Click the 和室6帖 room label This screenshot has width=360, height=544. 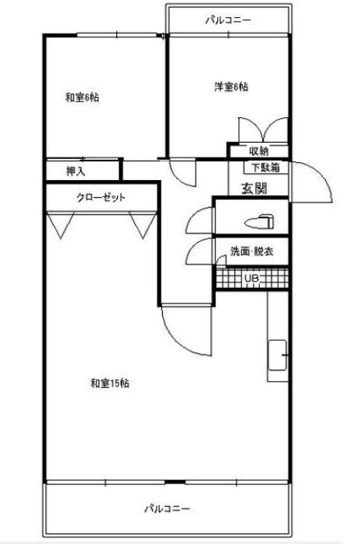82,98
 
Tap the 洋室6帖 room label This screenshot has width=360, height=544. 231,86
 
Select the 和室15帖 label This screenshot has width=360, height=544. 110,383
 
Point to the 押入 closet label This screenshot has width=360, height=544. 75,171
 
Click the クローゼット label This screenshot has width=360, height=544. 101,198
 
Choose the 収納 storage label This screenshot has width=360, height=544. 258,151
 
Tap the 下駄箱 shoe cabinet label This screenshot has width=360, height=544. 265,168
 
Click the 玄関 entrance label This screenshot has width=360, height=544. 254,189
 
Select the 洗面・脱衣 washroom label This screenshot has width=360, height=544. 252,251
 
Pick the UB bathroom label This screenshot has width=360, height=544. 252,279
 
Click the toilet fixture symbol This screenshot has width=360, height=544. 259,221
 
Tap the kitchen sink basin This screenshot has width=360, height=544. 278,355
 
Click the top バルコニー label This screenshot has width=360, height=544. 228,20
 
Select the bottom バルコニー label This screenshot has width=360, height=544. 167,509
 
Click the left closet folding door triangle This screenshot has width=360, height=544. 61,225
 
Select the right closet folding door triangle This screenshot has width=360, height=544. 143,225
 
